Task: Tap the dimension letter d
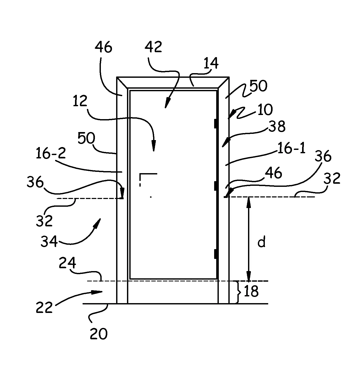click(262, 242)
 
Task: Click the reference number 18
click(251, 291)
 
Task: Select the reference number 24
click(67, 263)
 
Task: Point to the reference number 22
click(44, 307)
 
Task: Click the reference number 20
click(99, 334)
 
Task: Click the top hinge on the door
click(215, 124)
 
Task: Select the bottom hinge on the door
click(215, 254)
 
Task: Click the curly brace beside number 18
click(239, 292)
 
